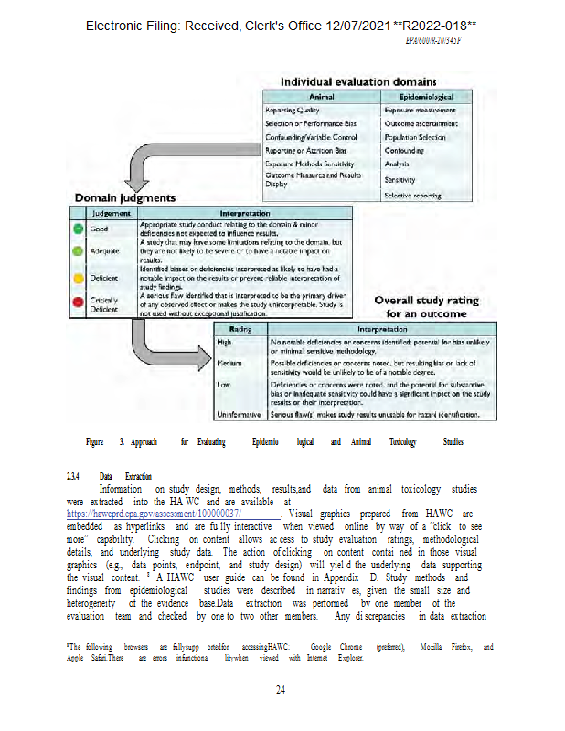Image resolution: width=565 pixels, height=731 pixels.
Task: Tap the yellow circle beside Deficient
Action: click(80, 276)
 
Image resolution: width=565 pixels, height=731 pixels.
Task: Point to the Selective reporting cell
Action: click(414, 196)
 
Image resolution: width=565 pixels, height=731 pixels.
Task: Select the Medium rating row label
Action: click(229, 363)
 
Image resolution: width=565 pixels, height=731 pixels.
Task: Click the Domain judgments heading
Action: click(125, 197)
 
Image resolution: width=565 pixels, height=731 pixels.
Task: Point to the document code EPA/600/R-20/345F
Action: click(434, 41)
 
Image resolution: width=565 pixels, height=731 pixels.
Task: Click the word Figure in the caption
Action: click(94, 441)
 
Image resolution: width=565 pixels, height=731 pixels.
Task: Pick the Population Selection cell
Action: click(415, 137)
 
